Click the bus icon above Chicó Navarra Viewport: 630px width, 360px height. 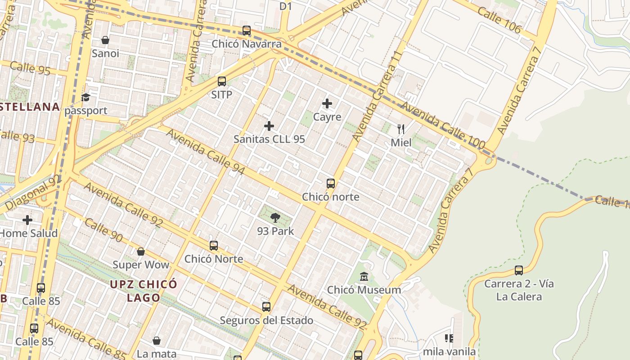tap(247, 31)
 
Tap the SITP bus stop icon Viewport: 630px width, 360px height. tap(222, 81)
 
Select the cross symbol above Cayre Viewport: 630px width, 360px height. tap(327, 104)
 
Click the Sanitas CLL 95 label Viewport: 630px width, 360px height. tap(269, 139)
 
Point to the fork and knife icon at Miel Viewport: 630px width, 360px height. tap(401, 130)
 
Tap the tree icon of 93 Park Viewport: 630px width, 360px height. tap(275, 218)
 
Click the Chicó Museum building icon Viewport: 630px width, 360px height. tap(364, 276)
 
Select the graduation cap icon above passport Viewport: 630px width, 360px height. tap(85, 97)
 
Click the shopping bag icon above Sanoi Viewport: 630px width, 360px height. tap(105, 40)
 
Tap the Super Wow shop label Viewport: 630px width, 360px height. tap(141, 265)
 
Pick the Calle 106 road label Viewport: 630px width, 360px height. tap(499, 21)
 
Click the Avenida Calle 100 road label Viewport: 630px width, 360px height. tap(443, 126)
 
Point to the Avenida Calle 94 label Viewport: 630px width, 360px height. tap(205, 152)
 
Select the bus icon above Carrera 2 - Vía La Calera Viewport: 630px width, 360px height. tap(519, 270)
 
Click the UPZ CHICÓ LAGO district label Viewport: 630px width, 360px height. tap(144, 291)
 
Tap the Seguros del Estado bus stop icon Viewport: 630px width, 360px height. tap(266, 307)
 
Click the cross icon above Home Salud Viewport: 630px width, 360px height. tap(27, 220)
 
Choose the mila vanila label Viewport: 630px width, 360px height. tap(449, 351)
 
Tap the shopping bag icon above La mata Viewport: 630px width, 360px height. tap(157, 341)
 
